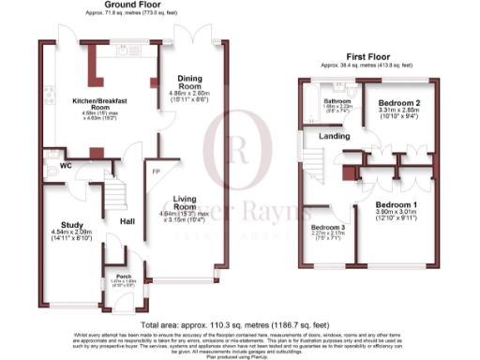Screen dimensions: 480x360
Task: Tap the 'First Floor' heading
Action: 367,56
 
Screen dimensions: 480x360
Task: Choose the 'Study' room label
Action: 72,225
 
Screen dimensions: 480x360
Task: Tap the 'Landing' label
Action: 334,137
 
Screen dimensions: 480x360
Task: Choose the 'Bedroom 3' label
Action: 330,229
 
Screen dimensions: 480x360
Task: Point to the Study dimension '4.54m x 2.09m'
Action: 72,233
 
